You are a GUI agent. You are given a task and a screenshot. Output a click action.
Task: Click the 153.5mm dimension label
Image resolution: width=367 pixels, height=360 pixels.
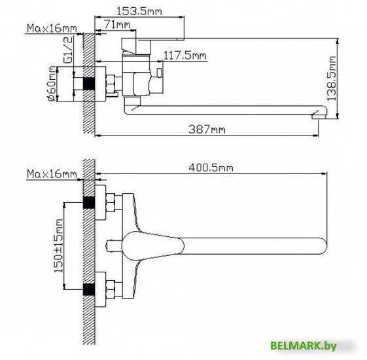point(139,11)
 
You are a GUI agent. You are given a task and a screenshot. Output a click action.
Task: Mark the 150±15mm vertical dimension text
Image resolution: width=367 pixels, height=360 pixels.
point(58,245)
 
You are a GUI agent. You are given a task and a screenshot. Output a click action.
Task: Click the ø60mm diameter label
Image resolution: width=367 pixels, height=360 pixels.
point(51,85)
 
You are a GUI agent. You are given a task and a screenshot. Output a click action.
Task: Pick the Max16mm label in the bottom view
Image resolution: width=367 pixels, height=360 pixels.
point(51,174)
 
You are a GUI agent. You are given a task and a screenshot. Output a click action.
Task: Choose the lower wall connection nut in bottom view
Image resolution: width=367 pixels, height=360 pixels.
point(110,289)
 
